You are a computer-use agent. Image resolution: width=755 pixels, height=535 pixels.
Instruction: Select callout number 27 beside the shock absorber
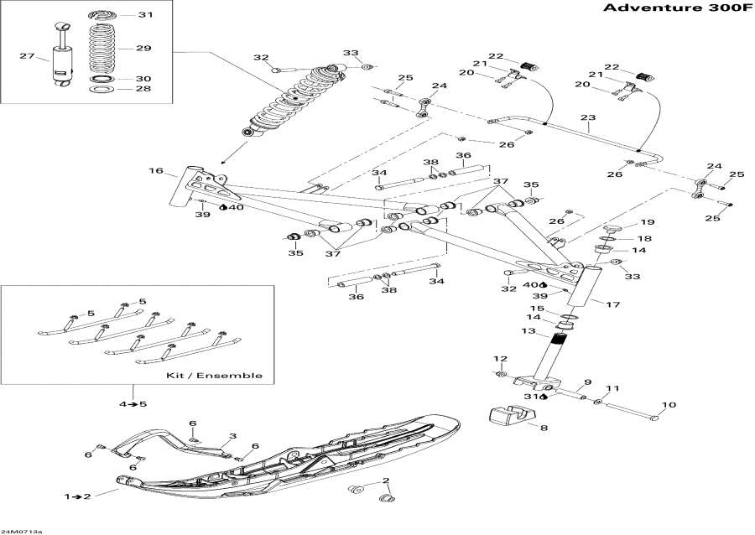click(27, 57)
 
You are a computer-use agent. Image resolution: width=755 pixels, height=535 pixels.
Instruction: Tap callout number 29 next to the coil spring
click(144, 49)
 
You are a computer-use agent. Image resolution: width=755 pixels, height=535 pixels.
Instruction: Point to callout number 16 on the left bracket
click(156, 171)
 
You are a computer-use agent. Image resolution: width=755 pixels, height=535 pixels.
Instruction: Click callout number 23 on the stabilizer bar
click(588, 117)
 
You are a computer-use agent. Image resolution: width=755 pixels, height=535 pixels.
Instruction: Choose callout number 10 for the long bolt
click(669, 406)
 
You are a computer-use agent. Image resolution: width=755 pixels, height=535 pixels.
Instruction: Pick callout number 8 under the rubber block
click(542, 429)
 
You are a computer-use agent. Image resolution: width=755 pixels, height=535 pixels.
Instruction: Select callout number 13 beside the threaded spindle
click(528, 332)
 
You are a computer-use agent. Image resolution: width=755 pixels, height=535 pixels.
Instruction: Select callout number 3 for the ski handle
click(232, 436)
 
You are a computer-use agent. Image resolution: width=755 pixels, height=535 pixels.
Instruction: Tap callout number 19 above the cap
click(648, 223)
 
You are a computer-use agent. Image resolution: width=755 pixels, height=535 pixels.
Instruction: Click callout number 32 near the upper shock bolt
click(262, 58)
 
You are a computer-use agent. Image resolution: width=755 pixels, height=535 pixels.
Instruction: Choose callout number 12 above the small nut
click(500, 359)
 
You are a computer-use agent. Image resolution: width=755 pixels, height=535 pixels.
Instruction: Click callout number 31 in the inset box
click(145, 15)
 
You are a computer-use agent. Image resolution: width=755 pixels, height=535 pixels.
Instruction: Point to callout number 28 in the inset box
click(144, 89)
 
